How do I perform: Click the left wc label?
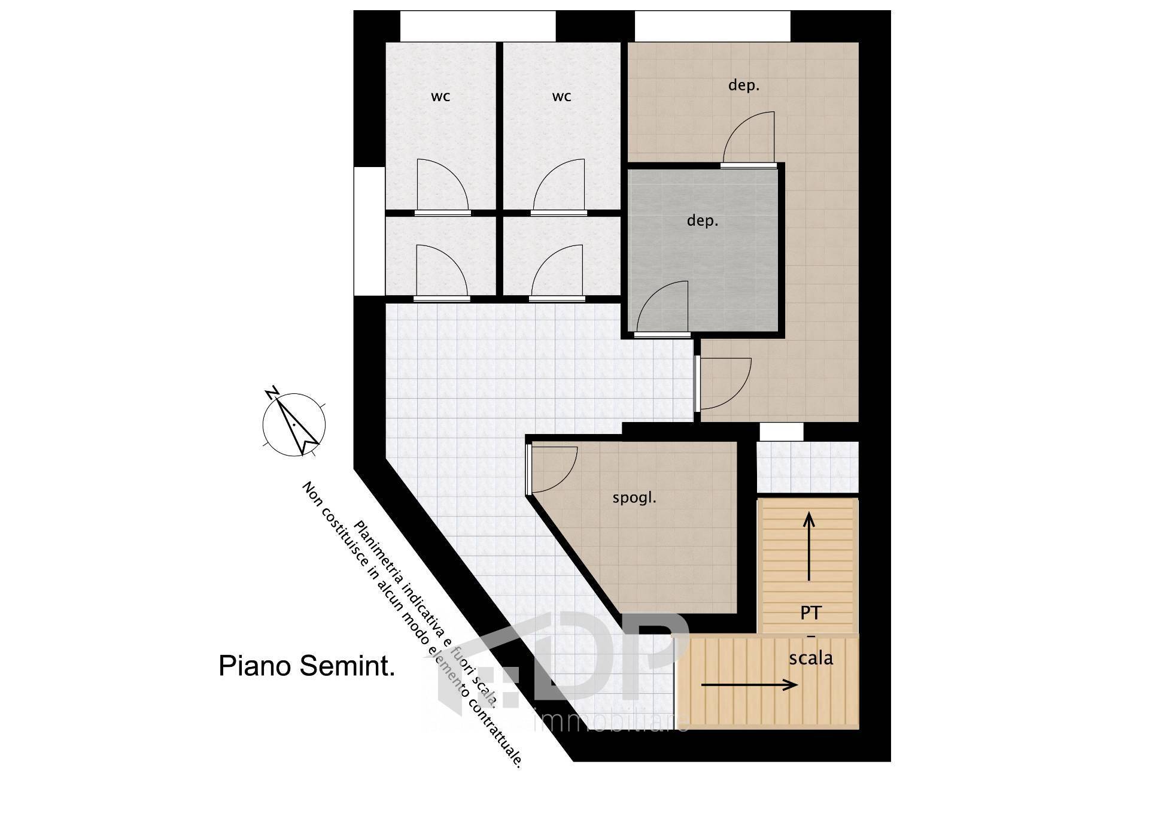point(440,97)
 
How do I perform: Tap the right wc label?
point(561,97)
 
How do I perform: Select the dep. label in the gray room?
point(703,222)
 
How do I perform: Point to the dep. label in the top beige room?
point(744,86)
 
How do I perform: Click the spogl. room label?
point(634,498)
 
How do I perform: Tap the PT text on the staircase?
point(811,613)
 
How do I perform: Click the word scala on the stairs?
point(811,659)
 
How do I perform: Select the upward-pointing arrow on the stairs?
point(809,546)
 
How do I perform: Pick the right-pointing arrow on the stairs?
point(749,685)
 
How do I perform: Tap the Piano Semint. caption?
point(306,666)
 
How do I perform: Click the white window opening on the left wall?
point(369,230)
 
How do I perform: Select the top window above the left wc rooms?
point(478,26)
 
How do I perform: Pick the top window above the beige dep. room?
point(713,26)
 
